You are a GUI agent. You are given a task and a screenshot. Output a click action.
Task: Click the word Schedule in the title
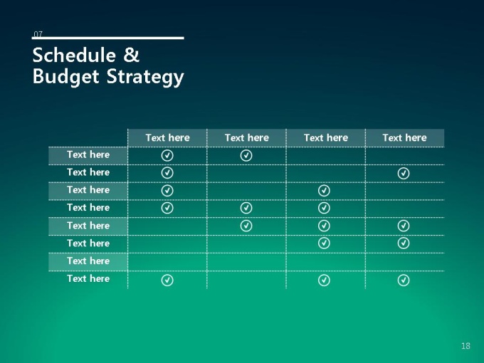point(74,55)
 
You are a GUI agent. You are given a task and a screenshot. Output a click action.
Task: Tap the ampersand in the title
point(132,55)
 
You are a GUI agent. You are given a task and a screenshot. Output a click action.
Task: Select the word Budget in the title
point(65,76)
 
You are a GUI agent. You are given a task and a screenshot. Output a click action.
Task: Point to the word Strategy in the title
point(145,77)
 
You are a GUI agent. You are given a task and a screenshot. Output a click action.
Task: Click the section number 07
point(38,34)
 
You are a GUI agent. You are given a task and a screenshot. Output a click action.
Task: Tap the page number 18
point(465,346)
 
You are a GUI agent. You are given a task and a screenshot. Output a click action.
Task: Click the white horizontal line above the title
point(107,38)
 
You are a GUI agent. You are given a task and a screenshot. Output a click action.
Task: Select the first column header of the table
point(167,137)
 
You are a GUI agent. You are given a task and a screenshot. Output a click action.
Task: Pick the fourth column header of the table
point(405,137)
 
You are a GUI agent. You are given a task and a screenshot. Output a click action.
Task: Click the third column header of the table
point(326,137)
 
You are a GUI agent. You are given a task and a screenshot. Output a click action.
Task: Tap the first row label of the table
point(88,154)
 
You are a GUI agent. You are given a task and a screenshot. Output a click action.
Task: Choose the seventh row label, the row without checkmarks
point(88,261)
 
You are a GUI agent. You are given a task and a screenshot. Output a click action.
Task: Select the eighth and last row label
point(88,279)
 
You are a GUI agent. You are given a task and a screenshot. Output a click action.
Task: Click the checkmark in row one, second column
point(246,155)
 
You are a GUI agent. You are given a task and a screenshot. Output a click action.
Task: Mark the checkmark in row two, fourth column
point(404,173)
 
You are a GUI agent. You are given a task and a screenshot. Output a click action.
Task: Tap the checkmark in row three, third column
point(324,191)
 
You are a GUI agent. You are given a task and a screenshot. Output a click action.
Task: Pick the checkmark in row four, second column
point(246,208)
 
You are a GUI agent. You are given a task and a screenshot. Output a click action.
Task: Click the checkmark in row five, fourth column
point(404,226)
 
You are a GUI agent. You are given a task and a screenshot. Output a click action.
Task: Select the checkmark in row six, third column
point(324,243)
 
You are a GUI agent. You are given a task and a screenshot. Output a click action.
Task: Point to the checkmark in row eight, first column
point(167,280)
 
